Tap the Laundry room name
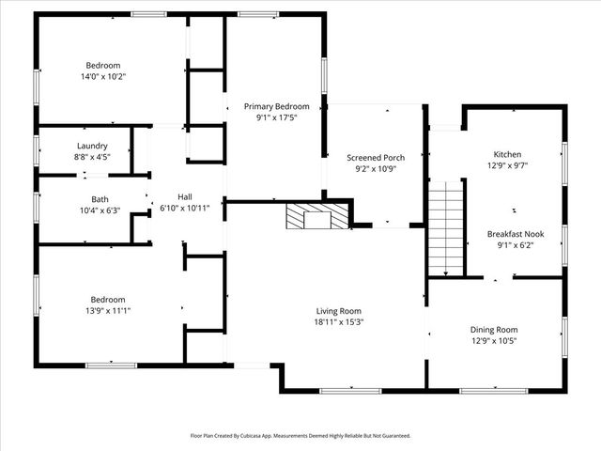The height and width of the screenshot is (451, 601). click(92, 147)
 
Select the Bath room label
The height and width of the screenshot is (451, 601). click(100, 199)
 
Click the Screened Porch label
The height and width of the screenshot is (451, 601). click(375, 157)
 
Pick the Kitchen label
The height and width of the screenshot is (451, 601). click(507, 154)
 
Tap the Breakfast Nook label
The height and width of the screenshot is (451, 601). click(515, 233)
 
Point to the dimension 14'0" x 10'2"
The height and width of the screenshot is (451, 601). click(103, 78)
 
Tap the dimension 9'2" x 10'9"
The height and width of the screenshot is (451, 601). click(375, 169)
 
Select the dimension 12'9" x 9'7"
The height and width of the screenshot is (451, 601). click(507, 165)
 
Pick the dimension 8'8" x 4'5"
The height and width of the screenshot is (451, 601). click(92, 158)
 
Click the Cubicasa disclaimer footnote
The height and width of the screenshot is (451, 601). click(300, 436)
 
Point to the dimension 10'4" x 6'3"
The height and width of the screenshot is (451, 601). click(100, 210)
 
